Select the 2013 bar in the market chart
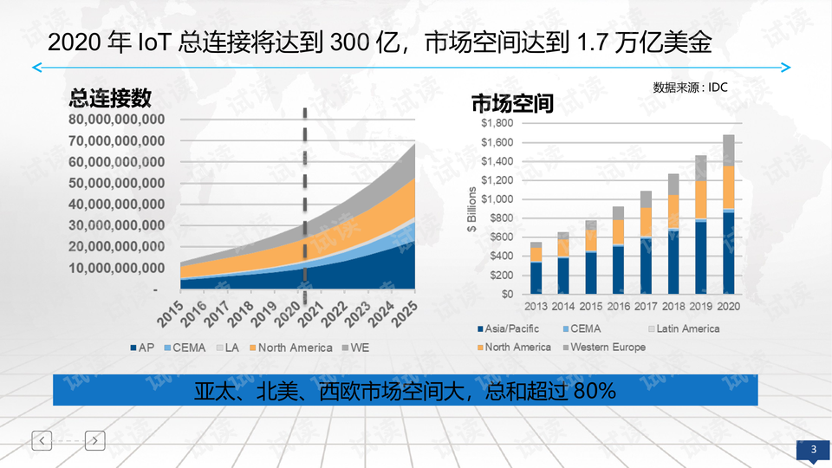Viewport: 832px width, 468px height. [536, 269]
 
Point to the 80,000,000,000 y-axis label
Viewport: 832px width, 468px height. [117, 120]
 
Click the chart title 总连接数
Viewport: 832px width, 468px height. [110, 98]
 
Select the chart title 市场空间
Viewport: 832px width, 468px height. [512, 104]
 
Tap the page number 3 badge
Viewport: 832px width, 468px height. [813, 449]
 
